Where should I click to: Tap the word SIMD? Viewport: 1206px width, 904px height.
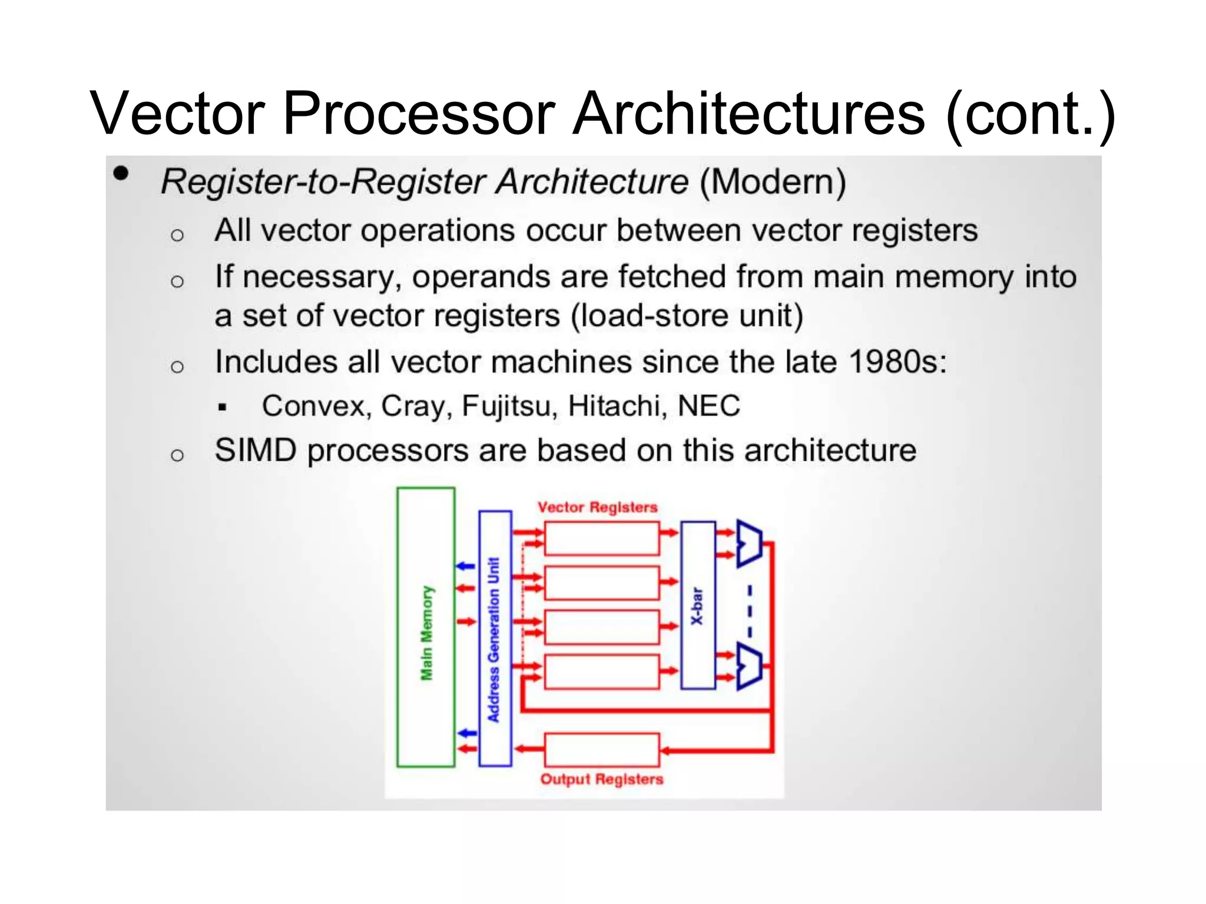(256, 451)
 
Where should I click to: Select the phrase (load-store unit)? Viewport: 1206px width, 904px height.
(687, 316)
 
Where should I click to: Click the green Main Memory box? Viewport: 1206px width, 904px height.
(426, 627)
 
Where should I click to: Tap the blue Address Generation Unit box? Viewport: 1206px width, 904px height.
(495, 639)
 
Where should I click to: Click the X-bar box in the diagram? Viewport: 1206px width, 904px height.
(698, 606)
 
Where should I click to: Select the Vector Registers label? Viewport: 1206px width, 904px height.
(597, 507)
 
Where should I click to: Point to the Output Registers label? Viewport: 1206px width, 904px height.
(601, 779)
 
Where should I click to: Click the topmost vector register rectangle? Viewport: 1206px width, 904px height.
(601, 539)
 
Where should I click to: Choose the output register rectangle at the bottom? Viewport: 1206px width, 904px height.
(601, 750)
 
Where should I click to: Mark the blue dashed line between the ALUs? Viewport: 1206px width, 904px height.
(750, 610)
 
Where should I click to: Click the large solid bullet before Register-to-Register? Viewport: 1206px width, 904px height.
(121, 173)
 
